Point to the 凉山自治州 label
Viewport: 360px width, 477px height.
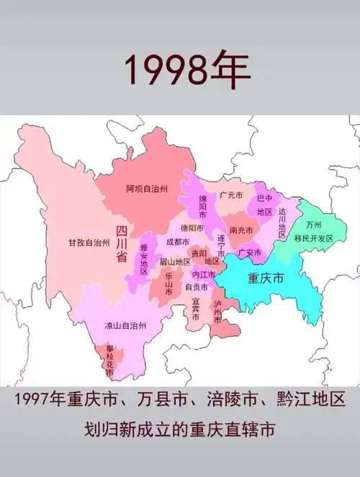[x=125, y=325]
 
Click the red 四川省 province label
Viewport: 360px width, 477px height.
[x=121, y=245]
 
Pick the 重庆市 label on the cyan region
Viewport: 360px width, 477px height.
[x=265, y=277]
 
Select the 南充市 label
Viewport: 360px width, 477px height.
[x=240, y=230]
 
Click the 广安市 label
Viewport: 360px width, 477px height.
[x=249, y=253]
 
